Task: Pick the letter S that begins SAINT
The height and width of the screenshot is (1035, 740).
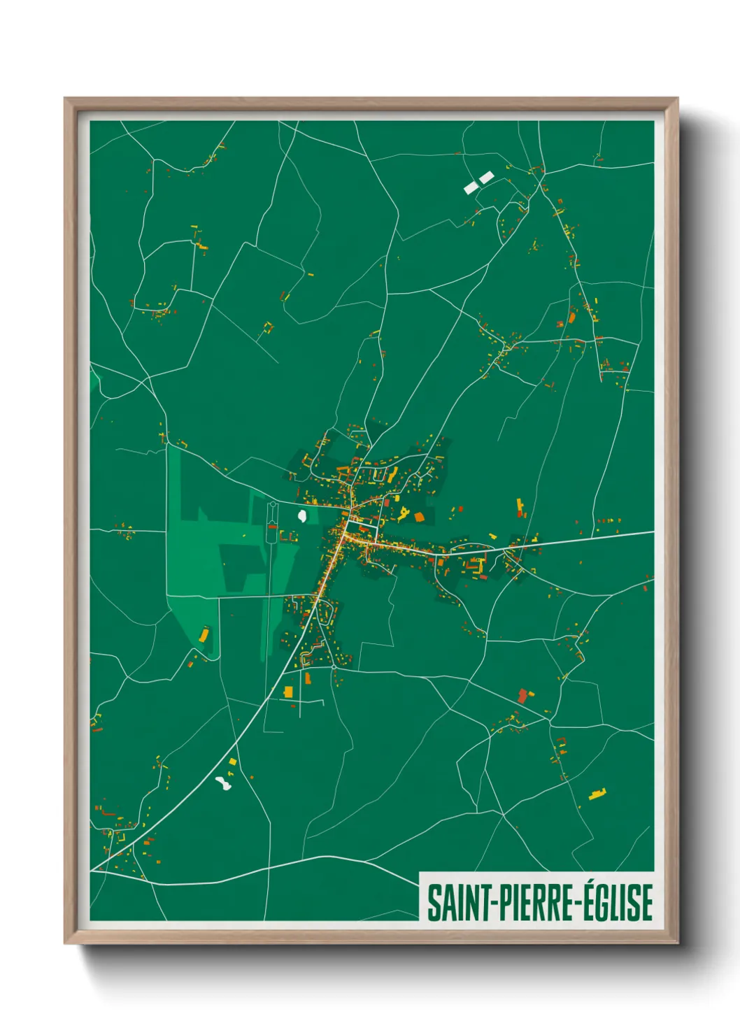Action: tap(434, 903)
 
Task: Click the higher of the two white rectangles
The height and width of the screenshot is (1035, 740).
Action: tap(486, 178)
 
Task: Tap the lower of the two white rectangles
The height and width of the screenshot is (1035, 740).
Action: tap(471, 187)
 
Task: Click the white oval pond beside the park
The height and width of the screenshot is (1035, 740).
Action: tap(302, 517)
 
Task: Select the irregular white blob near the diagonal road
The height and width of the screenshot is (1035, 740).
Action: tap(223, 783)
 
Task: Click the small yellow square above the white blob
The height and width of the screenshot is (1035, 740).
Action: tap(232, 762)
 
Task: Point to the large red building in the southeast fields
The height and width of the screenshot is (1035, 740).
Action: tap(522, 696)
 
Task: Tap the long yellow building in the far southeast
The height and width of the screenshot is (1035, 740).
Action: tap(597, 794)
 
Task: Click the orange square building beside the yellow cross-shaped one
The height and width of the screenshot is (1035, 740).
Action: tap(419, 517)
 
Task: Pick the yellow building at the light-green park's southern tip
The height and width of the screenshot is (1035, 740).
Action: tap(204, 635)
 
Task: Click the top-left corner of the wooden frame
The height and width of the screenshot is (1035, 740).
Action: tap(65, 98)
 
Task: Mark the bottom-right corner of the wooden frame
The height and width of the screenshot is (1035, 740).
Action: tap(677, 943)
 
